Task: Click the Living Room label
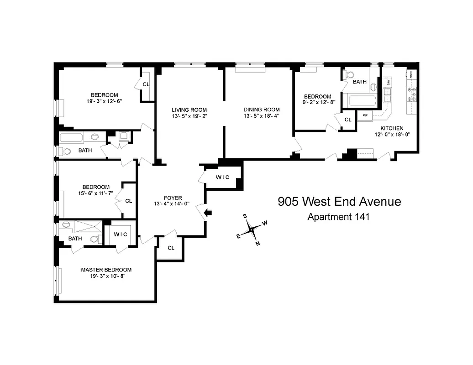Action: pyautogui.click(x=189, y=110)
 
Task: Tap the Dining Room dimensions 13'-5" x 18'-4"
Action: pyautogui.click(x=261, y=116)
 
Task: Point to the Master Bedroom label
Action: pyautogui.click(x=106, y=270)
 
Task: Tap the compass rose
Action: pyautogui.click(x=252, y=229)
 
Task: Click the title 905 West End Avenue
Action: pyautogui.click(x=339, y=201)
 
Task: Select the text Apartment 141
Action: pyautogui.click(x=338, y=217)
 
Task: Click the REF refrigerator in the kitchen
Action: pyautogui.click(x=365, y=115)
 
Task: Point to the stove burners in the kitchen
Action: pyautogui.click(x=410, y=94)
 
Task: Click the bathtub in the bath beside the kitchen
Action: pyautogui.click(x=362, y=102)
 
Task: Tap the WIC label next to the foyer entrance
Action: pyautogui.click(x=222, y=177)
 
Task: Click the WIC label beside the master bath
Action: pyautogui.click(x=120, y=234)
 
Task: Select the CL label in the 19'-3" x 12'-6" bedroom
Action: pyautogui.click(x=146, y=84)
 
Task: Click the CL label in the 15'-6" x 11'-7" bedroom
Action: pyautogui.click(x=128, y=200)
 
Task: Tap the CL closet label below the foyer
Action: pyautogui.click(x=171, y=248)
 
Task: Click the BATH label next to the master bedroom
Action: pyautogui.click(x=75, y=238)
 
